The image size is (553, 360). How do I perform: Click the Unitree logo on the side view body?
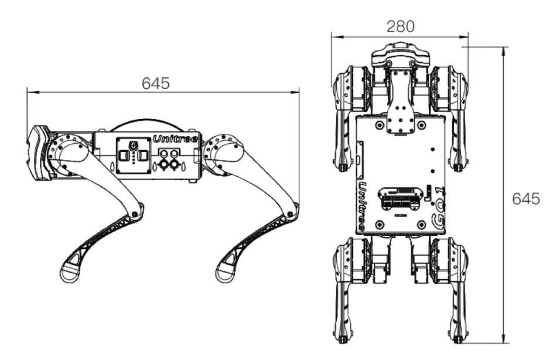[x=176, y=138]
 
